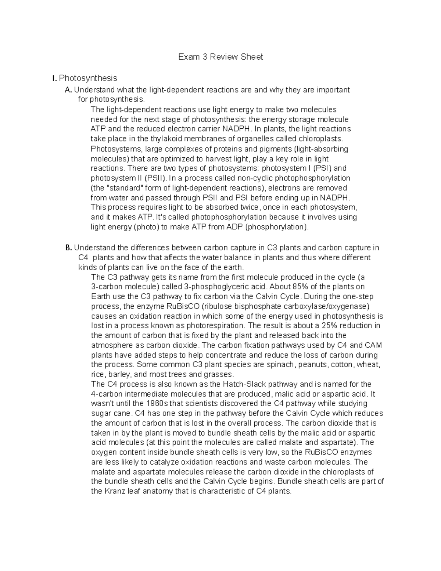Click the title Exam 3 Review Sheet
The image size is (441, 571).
click(x=220, y=57)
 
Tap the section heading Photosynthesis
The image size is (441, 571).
click(x=88, y=78)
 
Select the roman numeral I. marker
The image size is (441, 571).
click(x=54, y=78)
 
